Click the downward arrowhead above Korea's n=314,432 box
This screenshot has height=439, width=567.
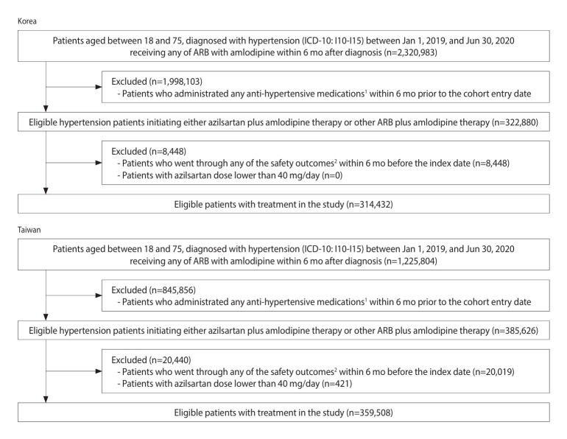coord(46,191)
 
